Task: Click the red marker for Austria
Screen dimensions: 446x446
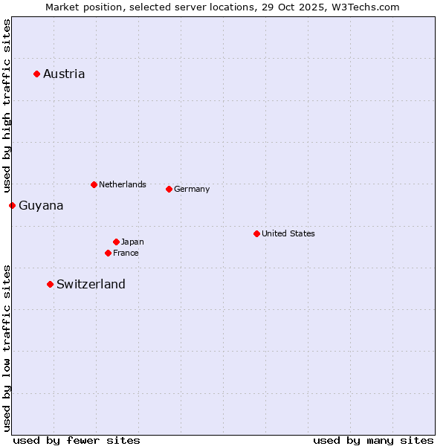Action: pyautogui.click(x=36, y=74)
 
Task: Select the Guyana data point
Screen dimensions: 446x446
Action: pyautogui.click(x=12, y=205)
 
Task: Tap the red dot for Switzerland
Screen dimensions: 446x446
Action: pyautogui.click(x=50, y=284)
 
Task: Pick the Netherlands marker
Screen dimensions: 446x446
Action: pyautogui.click(x=94, y=184)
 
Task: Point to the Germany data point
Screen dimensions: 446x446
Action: pyautogui.click(x=169, y=189)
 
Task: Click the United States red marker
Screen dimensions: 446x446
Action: pyautogui.click(x=256, y=233)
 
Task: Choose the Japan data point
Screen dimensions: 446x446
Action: pyautogui.click(x=116, y=242)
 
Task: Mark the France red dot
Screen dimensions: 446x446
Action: pyautogui.click(x=108, y=253)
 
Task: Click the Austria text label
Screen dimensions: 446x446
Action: pyautogui.click(x=64, y=74)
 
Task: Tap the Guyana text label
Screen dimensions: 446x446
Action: pyautogui.click(x=41, y=206)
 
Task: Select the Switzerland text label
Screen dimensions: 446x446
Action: pyautogui.click(x=91, y=284)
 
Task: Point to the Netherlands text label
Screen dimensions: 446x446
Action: pyautogui.click(x=123, y=184)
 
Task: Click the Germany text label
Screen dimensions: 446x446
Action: pyautogui.click(x=192, y=189)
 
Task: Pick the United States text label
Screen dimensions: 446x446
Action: pyautogui.click(x=288, y=233)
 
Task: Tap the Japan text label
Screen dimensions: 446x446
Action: pyautogui.click(x=132, y=242)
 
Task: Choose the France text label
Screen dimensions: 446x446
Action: pyautogui.click(x=126, y=253)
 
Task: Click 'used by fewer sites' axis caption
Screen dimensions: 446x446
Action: pyautogui.click(x=77, y=440)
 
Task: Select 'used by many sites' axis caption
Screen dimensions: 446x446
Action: pyautogui.click(x=373, y=440)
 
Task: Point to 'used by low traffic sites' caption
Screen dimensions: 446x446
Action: pyautogui.click(x=7, y=347)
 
